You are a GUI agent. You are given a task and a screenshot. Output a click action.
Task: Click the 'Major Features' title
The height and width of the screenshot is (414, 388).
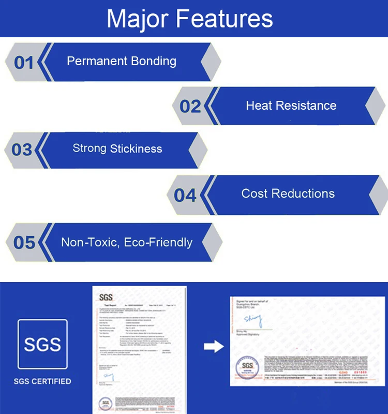[x=189, y=19]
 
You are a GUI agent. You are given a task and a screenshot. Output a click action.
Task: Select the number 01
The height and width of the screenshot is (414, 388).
[x=24, y=63]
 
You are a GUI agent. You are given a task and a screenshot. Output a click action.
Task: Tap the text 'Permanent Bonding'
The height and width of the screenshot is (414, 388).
[x=122, y=61]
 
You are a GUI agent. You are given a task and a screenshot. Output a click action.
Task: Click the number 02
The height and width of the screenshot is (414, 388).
[x=190, y=106]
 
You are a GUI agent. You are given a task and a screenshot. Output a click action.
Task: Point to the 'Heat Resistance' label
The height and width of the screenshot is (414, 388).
[x=291, y=106]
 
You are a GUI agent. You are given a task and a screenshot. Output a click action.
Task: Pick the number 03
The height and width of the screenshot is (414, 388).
[x=22, y=150]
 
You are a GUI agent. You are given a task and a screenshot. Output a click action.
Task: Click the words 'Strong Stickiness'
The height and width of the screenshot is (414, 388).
[x=117, y=149]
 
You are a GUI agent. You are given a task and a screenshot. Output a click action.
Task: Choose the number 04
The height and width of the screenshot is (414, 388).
[x=185, y=196]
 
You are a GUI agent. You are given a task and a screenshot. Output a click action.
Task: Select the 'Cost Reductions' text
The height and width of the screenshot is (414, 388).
[x=288, y=194]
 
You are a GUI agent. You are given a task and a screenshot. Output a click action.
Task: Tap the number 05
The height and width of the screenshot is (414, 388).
[x=24, y=242]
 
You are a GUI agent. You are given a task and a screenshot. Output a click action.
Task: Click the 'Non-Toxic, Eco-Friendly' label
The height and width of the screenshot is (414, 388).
[x=127, y=242]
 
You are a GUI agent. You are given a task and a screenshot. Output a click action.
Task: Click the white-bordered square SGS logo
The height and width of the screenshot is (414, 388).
[x=42, y=344]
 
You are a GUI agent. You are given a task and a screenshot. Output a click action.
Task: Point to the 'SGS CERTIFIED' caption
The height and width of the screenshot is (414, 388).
[x=42, y=382]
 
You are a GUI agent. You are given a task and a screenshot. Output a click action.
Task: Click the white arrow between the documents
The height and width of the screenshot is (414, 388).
[x=214, y=346]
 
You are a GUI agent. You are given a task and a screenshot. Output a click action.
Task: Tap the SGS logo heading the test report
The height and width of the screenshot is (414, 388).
[x=106, y=298]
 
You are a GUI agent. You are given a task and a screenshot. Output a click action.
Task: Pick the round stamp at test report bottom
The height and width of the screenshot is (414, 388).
[x=106, y=403]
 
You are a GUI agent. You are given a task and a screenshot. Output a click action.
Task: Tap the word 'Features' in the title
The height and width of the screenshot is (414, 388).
[x=225, y=19]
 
